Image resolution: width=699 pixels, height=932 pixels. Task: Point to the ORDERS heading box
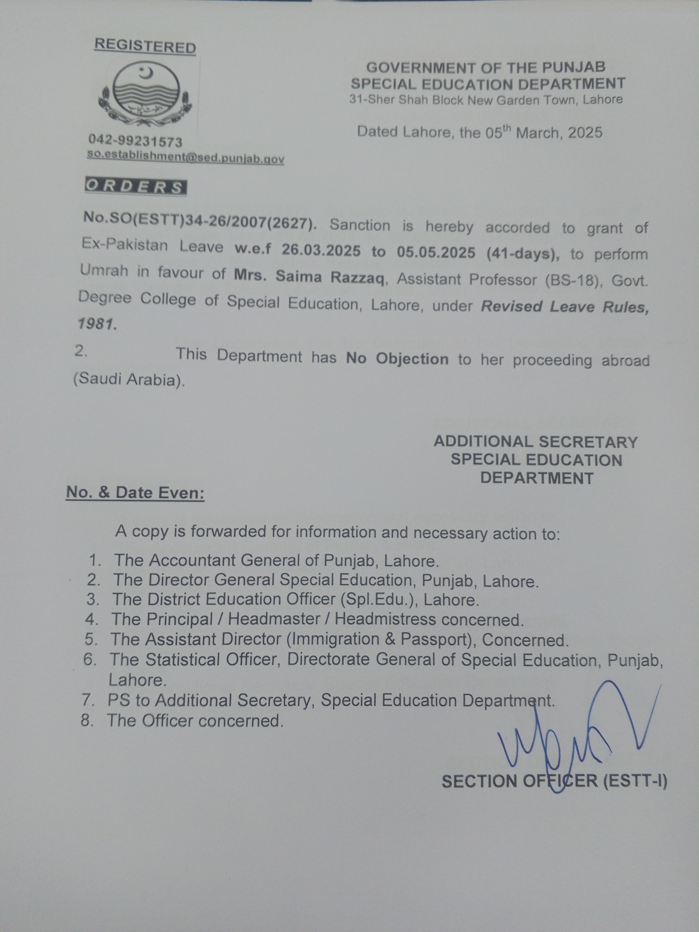pyautogui.click(x=136, y=187)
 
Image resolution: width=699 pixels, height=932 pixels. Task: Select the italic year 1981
pyautogui.click(x=97, y=324)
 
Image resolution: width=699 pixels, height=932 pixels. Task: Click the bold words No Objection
pyautogui.click(x=397, y=359)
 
